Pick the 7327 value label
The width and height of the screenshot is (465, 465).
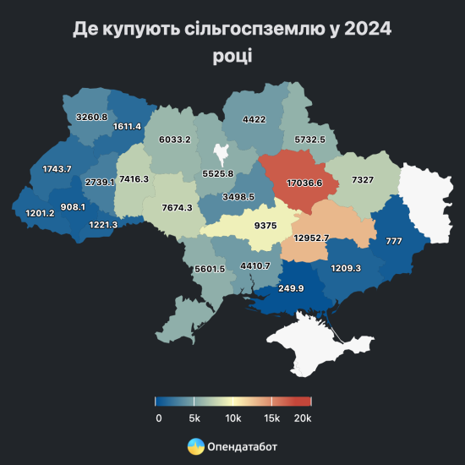click(x=364, y=181)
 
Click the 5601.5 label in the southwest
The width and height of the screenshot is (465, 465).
click(x=209, y=269)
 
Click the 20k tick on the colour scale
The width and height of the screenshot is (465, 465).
click(x=304, y=418)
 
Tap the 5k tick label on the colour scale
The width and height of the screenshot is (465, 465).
click(x=195, y=418)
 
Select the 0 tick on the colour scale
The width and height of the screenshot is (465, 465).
click(x=158, y=418)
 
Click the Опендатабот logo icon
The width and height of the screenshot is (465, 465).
click(x=194, y=446)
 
